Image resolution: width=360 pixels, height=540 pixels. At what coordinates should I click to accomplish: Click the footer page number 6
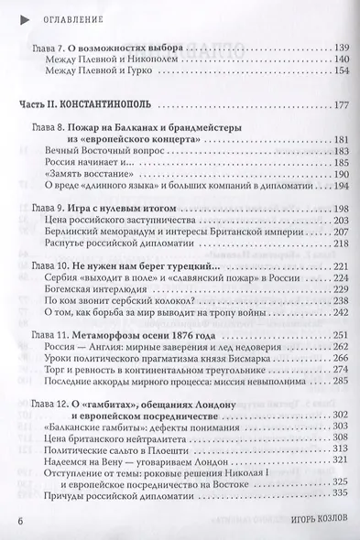(x=21, y=523)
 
